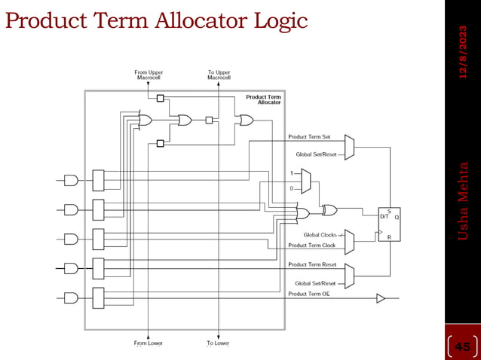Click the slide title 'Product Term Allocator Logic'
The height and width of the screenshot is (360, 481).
point(156,20)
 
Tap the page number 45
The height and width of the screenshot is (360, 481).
point(462,346)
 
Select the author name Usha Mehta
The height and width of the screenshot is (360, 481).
point(464,201)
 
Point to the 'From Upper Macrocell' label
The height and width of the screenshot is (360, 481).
point(149,75)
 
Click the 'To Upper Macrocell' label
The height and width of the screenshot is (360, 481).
point(219,75)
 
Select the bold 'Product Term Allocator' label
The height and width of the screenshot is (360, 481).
point(263,99)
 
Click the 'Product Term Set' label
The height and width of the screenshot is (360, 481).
point(309,137)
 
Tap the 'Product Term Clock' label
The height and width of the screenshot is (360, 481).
point(312,246)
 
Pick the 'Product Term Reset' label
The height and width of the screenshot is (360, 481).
point(312,264)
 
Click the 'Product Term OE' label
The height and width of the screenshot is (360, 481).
point(309,294)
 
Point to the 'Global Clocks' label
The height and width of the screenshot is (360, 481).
point(320,235)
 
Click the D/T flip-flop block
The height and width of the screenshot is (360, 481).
point(389,224)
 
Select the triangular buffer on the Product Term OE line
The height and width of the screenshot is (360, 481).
point(381,299)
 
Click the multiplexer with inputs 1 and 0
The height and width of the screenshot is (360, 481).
point(305,180)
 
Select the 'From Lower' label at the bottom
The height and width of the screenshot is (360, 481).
point(149,343)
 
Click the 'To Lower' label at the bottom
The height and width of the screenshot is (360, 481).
point(218,343)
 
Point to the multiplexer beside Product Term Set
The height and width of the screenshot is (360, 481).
point(349,146)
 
